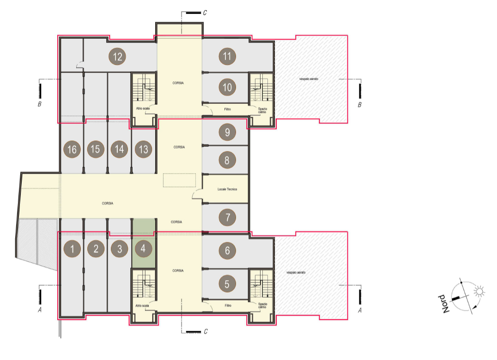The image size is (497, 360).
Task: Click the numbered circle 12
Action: tap(117, 57)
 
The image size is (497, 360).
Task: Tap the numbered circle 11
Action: tap(227, 56)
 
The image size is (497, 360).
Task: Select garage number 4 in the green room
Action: tap(143, 249)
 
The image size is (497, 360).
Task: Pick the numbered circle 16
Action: tap(72, 149)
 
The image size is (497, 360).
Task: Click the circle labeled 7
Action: tap(227, 217)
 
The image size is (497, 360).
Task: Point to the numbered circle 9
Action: tap(227, 132)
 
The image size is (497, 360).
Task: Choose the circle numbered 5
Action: tap(227, 284)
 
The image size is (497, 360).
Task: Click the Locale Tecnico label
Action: tap(227, 189)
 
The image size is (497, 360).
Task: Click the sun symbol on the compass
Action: tap(479, 291)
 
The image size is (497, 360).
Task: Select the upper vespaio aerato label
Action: tap(309, 79)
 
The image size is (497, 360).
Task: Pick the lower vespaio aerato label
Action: tap(296, 272)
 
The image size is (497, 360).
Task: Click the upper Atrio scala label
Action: tap(143, 108)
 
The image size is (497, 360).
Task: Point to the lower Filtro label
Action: tap(228, 306)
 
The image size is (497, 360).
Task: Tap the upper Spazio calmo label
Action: tap(262, 110)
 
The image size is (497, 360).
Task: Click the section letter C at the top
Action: tap(205, 12)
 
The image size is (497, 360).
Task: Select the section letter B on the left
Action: tap(40, 104)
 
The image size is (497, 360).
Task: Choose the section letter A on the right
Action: tap(360, 310)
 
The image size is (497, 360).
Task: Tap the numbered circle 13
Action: tap(143, 149)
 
